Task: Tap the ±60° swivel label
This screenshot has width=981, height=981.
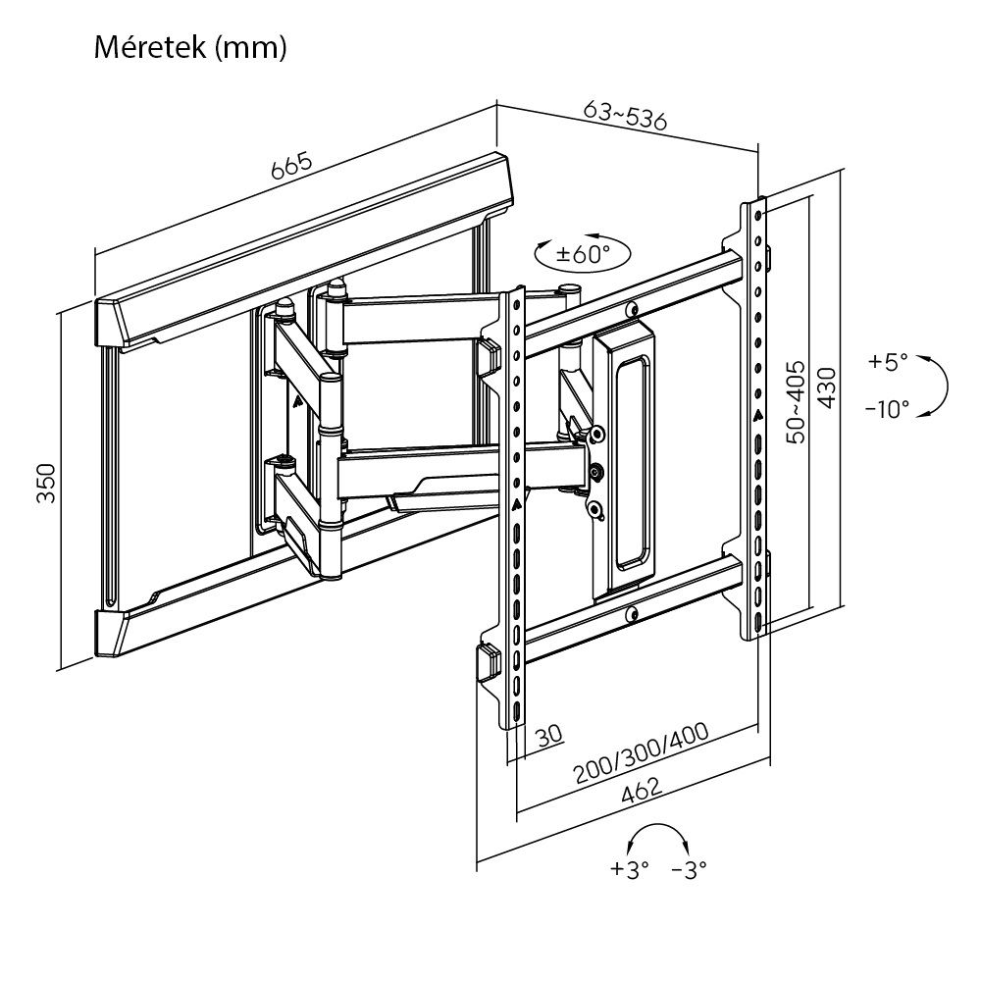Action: [583, 254]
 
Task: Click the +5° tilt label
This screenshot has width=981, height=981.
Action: [889, 362]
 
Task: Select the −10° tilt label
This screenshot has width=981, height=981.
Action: [887, 409]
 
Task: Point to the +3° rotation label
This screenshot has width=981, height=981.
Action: [629, 869]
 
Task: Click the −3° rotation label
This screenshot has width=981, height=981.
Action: [689, 869]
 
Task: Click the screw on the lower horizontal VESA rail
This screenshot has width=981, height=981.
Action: [632, 615]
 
